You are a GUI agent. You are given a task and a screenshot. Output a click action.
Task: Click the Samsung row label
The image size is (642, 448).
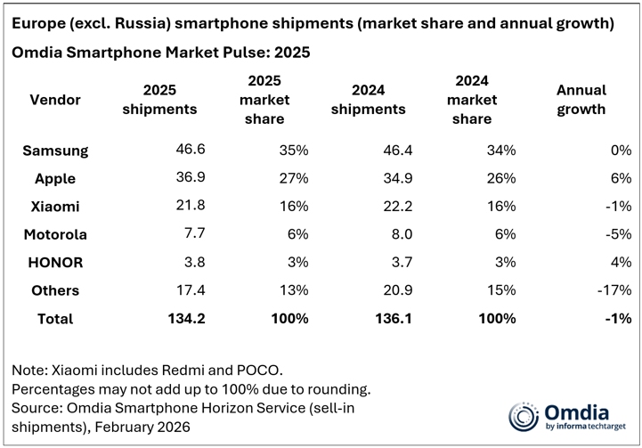coord(56,151)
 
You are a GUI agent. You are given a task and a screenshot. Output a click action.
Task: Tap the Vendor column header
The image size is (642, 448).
coord(55,100)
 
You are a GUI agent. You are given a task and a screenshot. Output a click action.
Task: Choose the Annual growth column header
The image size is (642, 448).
coord(581,100)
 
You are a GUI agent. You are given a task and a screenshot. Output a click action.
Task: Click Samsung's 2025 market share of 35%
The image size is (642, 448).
coord(294,151)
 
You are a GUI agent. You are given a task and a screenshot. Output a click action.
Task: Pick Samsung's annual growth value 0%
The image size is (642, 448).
coord(621,151)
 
